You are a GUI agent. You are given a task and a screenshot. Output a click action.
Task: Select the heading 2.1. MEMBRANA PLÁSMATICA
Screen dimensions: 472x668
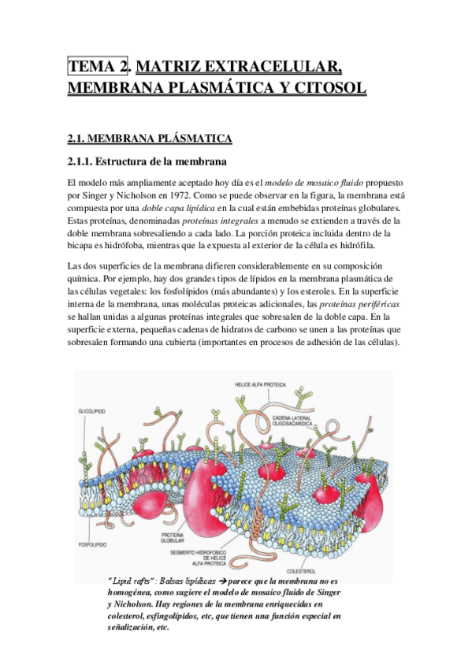coord(150,139)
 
